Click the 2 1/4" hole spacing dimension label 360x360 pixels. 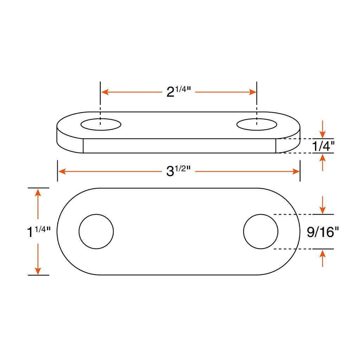179,92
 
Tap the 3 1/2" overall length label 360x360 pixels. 178,171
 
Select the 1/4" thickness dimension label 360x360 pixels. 323,146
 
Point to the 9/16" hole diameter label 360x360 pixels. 323,232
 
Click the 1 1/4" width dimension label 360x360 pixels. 39,231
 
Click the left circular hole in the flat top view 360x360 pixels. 96,231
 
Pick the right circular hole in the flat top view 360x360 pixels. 261,231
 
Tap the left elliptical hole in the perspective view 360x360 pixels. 101,124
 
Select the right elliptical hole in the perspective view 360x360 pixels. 257,124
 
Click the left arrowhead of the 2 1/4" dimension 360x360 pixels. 105,92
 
